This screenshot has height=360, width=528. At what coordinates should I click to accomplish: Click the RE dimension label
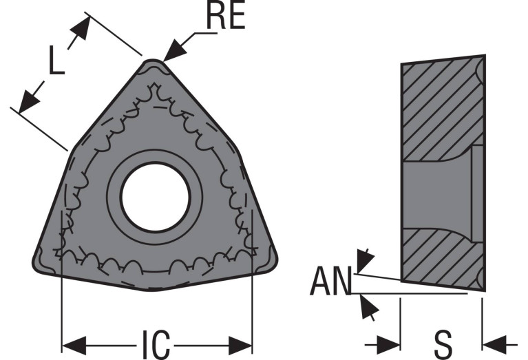click(225, 16)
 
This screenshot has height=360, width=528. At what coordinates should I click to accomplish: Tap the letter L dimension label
click(56, 60)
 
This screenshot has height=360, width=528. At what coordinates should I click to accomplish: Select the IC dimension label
click(156, 345)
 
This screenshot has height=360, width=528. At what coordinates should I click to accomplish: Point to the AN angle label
click(330, 282)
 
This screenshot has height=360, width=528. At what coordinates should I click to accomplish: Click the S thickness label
click(443, 345)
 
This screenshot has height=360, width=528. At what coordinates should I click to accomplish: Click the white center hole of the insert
click(155, 198)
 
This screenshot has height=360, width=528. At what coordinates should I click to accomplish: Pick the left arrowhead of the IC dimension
click(74, 345)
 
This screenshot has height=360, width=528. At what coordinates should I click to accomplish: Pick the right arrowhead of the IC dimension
click(240, 345)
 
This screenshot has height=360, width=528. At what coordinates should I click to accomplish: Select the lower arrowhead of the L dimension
click(28, 102)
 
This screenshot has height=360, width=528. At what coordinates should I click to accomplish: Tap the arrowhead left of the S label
click(388, 345)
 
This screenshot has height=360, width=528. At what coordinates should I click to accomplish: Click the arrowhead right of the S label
click(494, 345)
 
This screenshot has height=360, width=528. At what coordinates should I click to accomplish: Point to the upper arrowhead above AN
click(365, 260)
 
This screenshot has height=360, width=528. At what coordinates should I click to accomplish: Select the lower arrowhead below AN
click(368, 306)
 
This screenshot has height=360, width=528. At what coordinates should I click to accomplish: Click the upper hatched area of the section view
click(441, 108)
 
